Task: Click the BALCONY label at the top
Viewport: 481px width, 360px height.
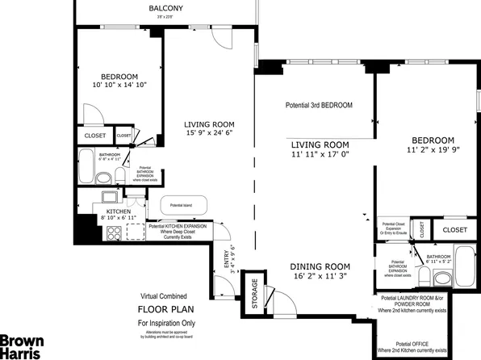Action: (x=166, y=9)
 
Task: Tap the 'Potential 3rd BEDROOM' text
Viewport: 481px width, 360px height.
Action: (x=319, y=106)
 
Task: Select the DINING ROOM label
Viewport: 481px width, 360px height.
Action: (x=320, y=267)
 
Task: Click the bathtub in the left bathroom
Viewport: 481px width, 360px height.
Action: (x=87, y=167)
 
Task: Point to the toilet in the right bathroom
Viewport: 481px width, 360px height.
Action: (x=441, y=278)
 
